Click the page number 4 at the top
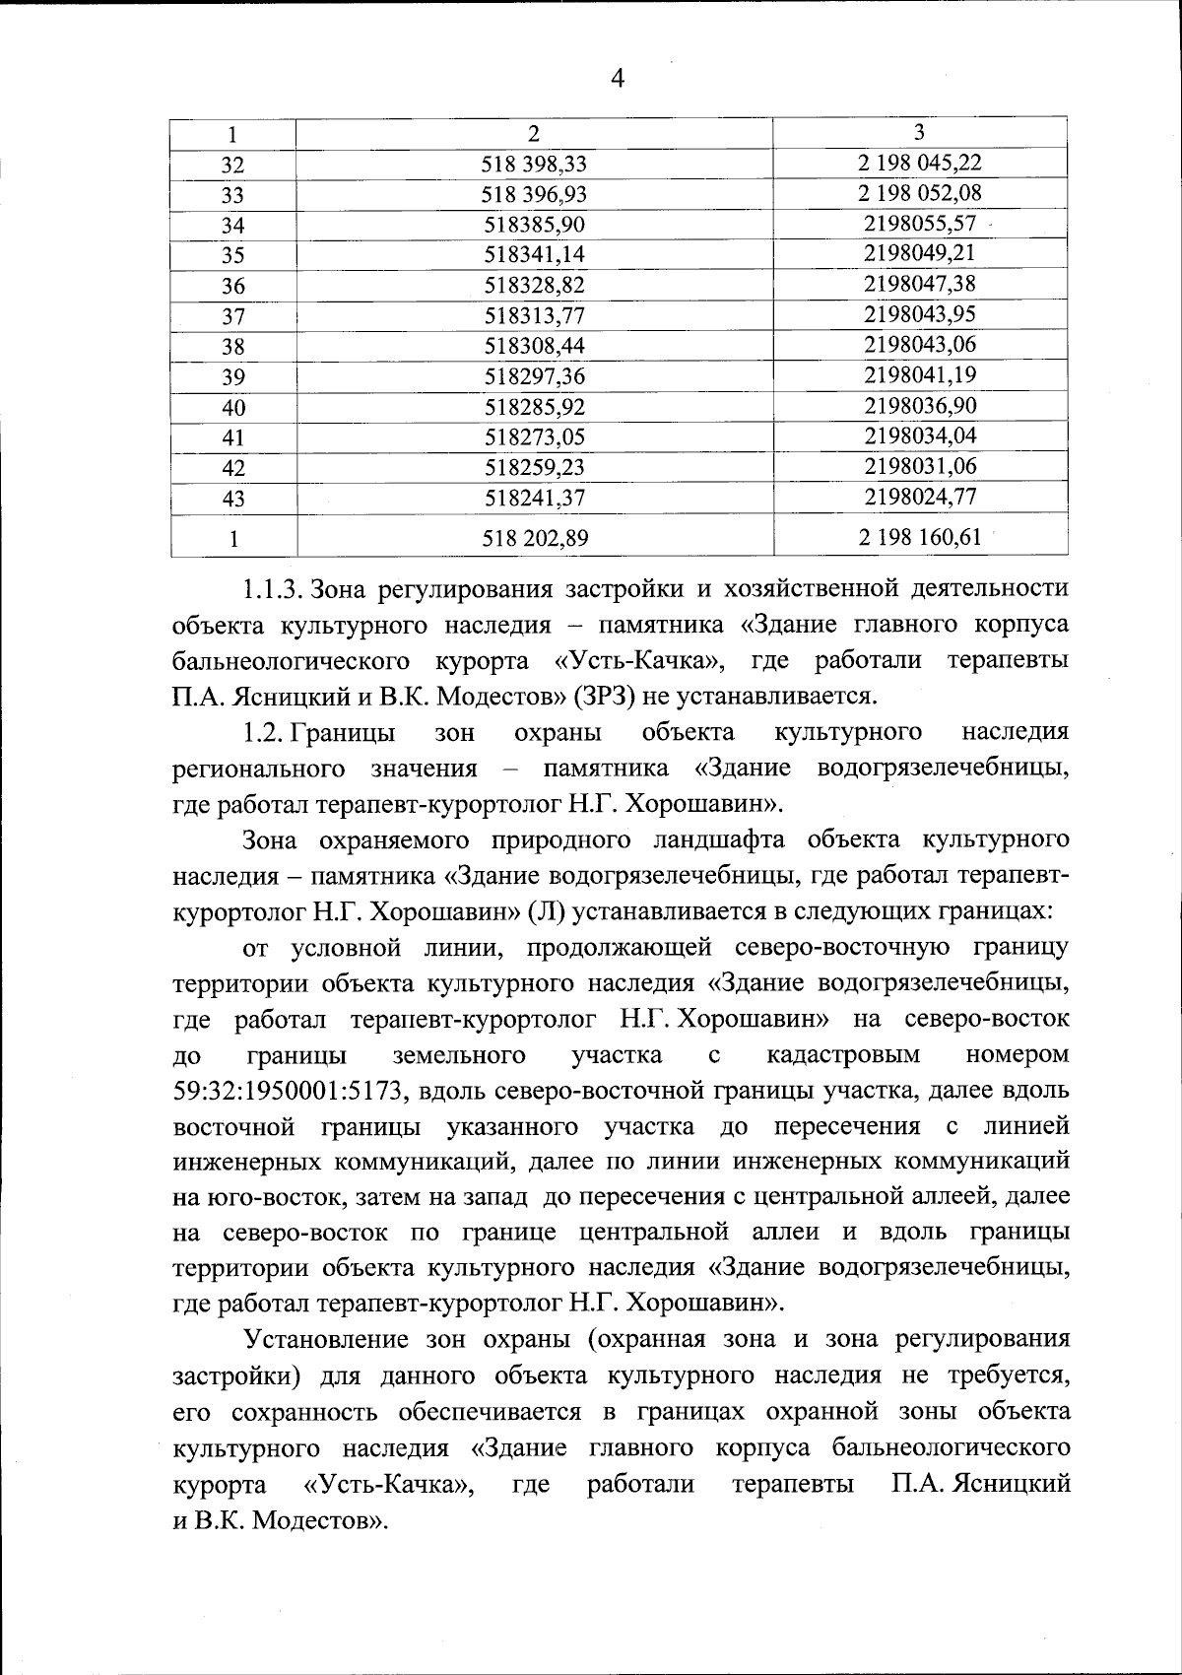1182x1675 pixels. pyautogui.click(x=618, y=79)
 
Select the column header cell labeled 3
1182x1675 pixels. pyautogui.click(x=919, y=132)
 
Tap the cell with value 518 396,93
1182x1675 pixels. pyautogui.click(x=535, y=195)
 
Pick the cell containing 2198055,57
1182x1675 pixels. pyautogui.click(x=919, y=224)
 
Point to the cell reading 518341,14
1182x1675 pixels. pyautogui.click(x=535, y=255)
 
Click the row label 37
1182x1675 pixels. pyautogui.click(x=232, y=316)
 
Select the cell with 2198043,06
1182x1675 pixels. pyautogui.click(x=919, y=345)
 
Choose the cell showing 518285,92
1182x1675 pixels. pyautogui.click(x=535, y=406)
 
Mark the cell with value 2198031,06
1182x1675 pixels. pyautogui.click(x=919, y=466)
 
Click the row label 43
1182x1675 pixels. pyautogui.click(x=232, y=499)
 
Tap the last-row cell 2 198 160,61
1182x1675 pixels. pyautogui.click(x=919, y=537)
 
